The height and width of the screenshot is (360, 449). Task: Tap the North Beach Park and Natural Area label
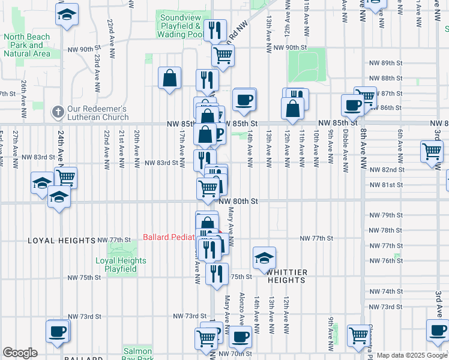click(26, 45)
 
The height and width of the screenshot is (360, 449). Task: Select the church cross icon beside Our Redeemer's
click(58, 112)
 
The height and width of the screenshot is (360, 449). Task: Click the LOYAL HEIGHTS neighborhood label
click(62, 240)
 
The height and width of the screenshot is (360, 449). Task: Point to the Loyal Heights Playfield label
click(121, 265)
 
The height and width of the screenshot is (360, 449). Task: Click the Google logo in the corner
click(20, 353)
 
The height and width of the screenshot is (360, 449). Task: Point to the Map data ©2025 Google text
click(412, 355)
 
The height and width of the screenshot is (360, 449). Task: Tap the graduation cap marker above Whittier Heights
click(264, 257)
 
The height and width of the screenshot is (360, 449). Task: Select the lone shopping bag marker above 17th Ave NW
click(170, 77)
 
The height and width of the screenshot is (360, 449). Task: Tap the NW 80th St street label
click(238, 202)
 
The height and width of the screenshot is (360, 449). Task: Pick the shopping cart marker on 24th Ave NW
click(65, 177)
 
